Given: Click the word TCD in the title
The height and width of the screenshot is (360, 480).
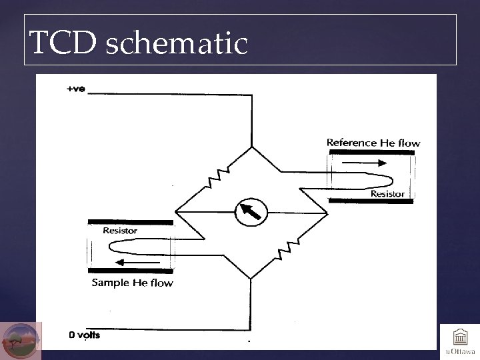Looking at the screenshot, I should tap(63, 44).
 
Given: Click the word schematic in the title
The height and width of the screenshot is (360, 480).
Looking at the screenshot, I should tap(177, 44).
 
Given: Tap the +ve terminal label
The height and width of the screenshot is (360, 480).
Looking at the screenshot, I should tap(75, 89).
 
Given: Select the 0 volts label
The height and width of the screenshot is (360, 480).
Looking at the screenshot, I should tap(85, 335).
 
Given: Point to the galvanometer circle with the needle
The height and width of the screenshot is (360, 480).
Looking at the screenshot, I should tap(251, 213).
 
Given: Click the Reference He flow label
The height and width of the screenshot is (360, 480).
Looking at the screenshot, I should tap(373, 143).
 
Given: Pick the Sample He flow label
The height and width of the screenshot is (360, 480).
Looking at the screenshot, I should tap(132, 283).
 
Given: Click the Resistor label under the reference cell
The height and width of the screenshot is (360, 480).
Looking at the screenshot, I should tap(387, 194).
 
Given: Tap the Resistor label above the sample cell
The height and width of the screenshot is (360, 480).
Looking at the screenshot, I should tap(120, 231).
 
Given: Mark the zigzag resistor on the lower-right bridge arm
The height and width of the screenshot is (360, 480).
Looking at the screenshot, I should tap(285, 249).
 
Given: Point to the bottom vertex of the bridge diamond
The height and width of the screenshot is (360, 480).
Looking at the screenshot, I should tap(251, 278).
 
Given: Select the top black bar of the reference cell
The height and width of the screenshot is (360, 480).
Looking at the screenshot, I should tap(371, 153).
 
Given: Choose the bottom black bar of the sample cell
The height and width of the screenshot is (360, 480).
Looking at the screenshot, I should tap(131, 271).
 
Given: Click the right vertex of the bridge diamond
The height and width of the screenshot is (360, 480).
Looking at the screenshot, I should tap(327, 213).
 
